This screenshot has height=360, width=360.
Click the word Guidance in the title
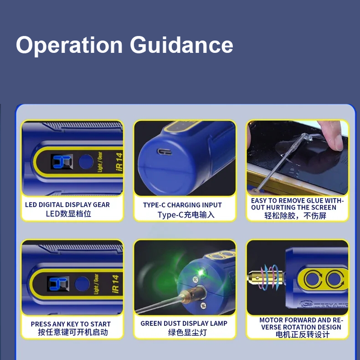click(181, 45)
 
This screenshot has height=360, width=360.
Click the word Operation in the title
click(70, 45)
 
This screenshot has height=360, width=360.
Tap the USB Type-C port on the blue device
click(163, 151)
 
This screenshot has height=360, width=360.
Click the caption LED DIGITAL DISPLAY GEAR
click(67, 205)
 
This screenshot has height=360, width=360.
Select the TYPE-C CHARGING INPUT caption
click(182, 205)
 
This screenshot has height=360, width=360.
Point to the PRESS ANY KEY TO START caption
click(71, 324)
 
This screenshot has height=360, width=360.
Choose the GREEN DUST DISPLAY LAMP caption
click(184, 324)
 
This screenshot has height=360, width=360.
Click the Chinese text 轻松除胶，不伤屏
click(295, 216)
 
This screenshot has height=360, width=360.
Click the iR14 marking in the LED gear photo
click(118, 161)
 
